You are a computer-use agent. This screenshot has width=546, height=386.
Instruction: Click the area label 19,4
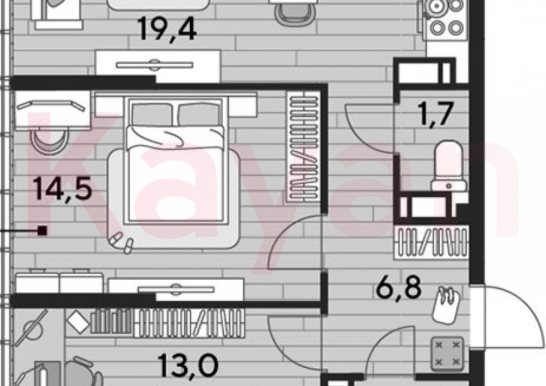click(x=167, y=29)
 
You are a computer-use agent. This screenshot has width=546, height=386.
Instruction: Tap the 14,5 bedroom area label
click(x=63, y=189)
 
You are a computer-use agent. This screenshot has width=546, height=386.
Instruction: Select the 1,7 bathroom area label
click(x=437, y=113)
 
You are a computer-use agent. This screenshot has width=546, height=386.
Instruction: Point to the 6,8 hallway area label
click(x=399, y=287)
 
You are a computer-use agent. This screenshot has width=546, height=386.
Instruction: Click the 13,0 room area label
click(x=188, y=365)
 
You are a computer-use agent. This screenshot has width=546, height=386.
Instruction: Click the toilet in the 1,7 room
click(x=448, y=166)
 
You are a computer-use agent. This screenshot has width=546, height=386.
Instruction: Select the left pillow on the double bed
click(x=152, y=114)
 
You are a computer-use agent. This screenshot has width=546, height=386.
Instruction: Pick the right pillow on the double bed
click(x=199, y=114)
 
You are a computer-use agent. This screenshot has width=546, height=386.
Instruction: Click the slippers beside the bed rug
click(x=121, y=242)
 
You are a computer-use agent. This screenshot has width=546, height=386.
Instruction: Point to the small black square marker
click(x=42, y=230)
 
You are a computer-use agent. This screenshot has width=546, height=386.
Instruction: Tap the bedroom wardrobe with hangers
click(x=303, y=146)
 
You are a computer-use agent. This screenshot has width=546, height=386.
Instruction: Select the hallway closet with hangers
click(x=431, y=242)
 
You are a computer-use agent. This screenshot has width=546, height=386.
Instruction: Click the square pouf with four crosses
click(x=448, y=354)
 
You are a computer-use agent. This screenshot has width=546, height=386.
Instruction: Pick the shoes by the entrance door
click(x=446, y=304)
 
